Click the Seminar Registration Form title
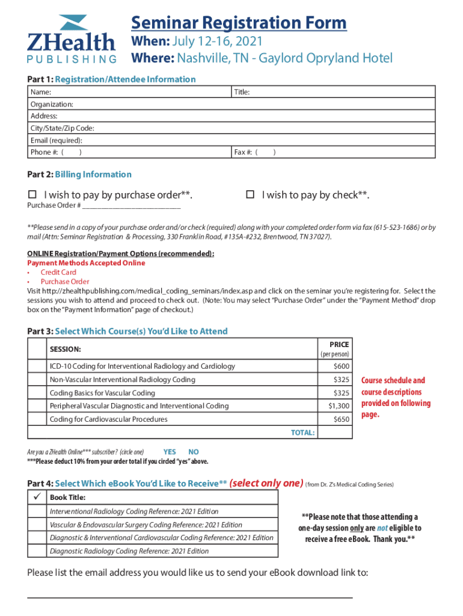[239, 23]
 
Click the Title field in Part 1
[334, 92]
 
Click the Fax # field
[334, 152]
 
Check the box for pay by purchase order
[33, 195]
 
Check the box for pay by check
[251, 195]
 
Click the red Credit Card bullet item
[58, 273]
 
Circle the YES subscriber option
[170, 452]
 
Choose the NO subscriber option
[193, 452]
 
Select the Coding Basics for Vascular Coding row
[180, 393]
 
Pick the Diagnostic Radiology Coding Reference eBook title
[129, 551]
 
